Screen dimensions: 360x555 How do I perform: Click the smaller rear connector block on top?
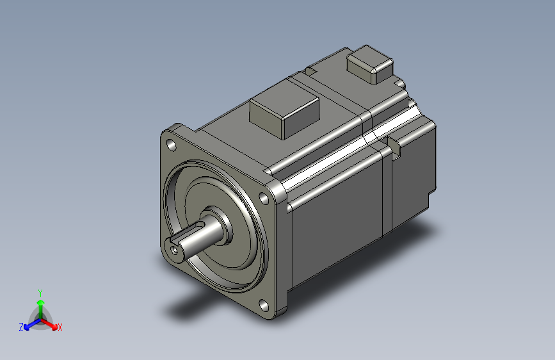369,64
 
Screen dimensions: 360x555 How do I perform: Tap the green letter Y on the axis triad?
40,291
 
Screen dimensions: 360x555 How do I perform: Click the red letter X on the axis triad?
60,328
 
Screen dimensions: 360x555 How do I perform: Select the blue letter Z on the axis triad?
21,327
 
